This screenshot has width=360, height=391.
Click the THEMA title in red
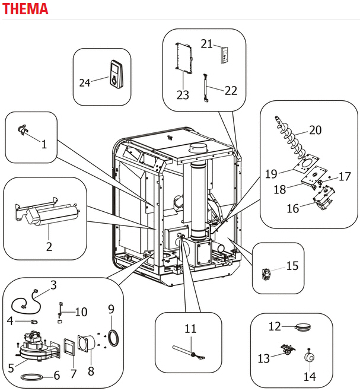25,9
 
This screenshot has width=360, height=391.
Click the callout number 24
85,83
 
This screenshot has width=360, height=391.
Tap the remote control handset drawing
116,75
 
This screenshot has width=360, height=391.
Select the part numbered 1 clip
23,130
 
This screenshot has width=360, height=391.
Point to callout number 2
49,247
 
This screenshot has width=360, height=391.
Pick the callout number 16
293,208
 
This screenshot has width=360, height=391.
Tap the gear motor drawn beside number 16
324,198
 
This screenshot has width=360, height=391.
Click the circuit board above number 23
184,58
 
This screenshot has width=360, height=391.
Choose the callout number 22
231,91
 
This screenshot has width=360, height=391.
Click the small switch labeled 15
266,274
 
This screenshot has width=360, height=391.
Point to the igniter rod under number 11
189,352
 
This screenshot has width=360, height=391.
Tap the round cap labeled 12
303,326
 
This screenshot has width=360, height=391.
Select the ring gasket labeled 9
113,338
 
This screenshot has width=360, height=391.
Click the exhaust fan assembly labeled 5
39,346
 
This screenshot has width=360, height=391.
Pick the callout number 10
81,311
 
